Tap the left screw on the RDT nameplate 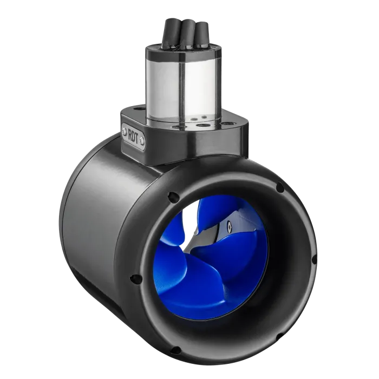point(125,131)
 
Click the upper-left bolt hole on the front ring point(173,197)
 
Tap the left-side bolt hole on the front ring point(135,279)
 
